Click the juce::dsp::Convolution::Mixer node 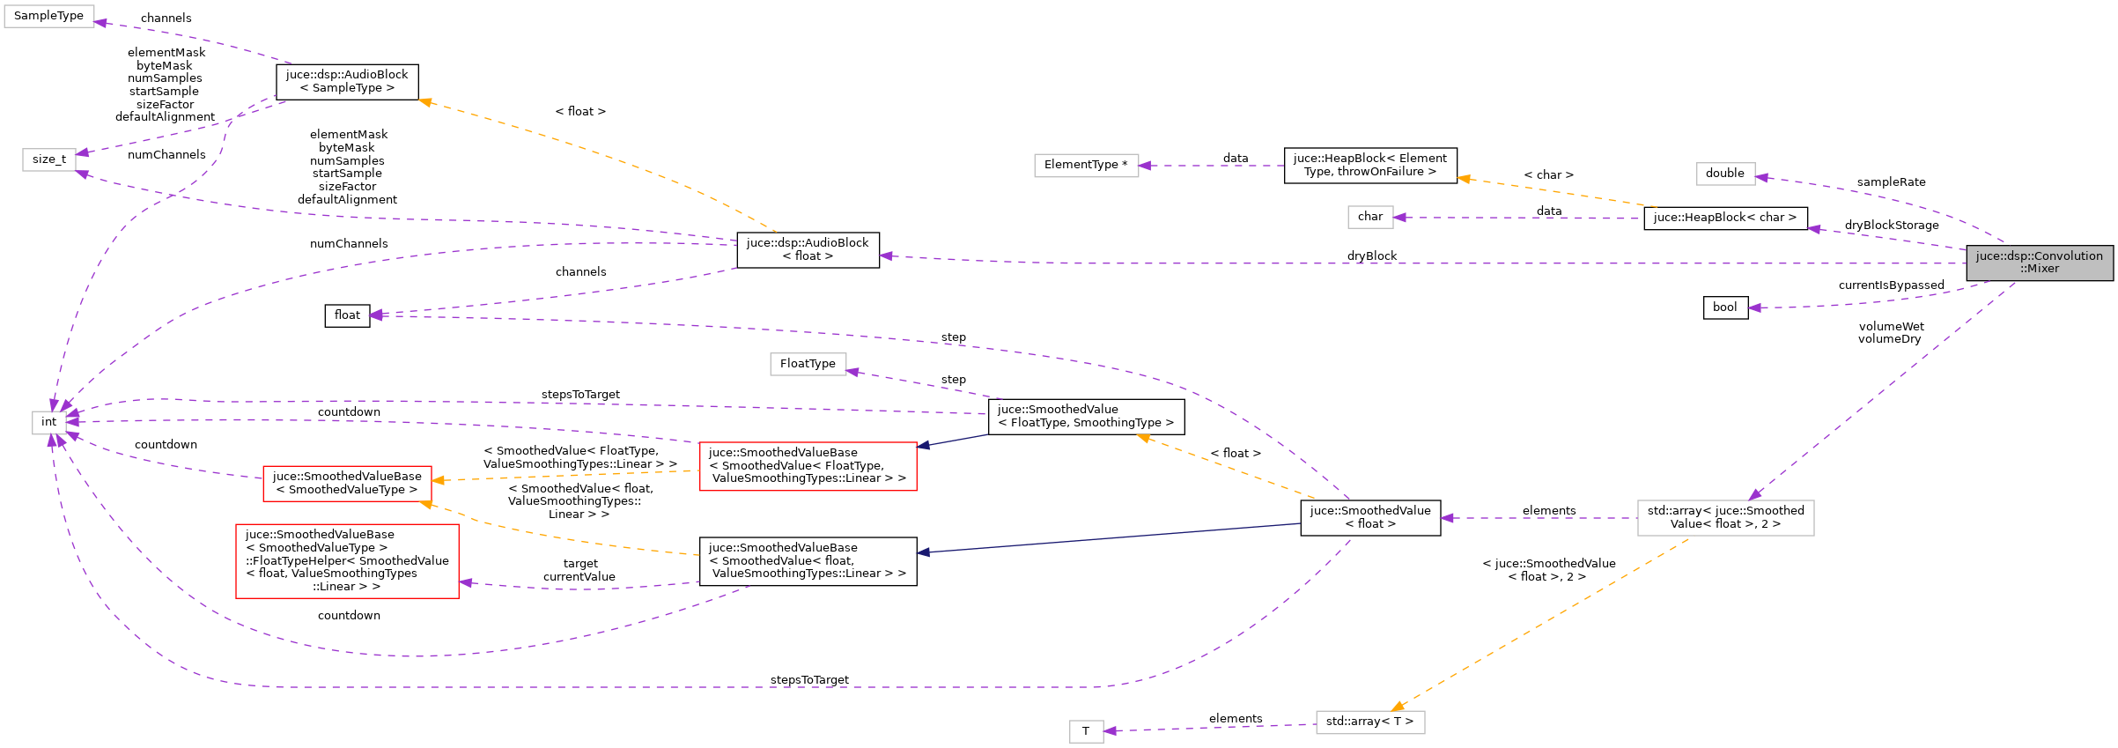2039,263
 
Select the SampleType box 48,16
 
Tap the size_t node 49,159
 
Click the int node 49,422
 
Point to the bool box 1724,307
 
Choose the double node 1724,174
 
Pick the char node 1369,217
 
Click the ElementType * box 1085,165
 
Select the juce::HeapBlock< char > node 1724,218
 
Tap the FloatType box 808,364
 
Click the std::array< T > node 1369,722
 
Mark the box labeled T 1085,731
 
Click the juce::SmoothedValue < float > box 1369,517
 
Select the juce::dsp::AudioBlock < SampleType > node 347,81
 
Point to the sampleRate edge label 1891,182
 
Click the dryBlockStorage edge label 1892,226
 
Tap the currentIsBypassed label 1891,285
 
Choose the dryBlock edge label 1371,256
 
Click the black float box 347,315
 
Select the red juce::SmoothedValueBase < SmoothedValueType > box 347,483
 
